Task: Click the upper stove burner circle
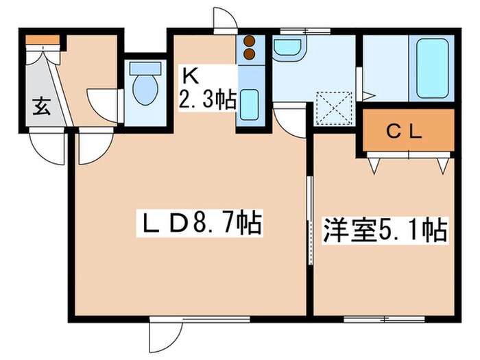point(248,40)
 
